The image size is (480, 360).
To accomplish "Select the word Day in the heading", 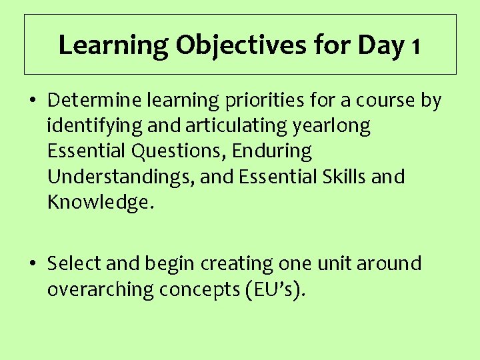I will point(381,45).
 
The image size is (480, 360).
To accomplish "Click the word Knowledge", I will point(100,202).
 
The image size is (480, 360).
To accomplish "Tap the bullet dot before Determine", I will point(33,101).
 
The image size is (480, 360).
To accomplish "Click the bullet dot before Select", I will point(33,264).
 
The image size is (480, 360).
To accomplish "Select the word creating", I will point(233,264).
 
